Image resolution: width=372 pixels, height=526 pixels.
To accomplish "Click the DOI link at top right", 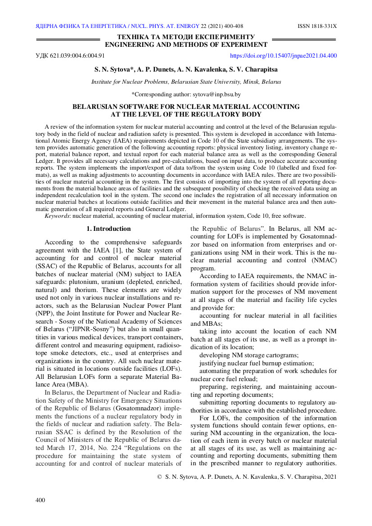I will click(x=283, y=56).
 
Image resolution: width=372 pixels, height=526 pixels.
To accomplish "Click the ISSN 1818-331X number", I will click(x=317, y=26).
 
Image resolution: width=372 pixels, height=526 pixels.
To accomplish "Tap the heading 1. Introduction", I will click(x=109, y=229).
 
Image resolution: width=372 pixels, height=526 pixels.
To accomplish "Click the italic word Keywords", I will click(x=57, y=216).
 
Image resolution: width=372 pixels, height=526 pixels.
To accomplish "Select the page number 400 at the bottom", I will click(x=41, y=500).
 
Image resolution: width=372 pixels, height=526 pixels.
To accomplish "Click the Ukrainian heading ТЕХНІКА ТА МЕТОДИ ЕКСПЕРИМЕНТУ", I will click(x=186, y=37).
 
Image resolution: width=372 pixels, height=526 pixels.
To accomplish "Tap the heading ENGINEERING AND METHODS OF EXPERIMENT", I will click(x=186, y=45).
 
